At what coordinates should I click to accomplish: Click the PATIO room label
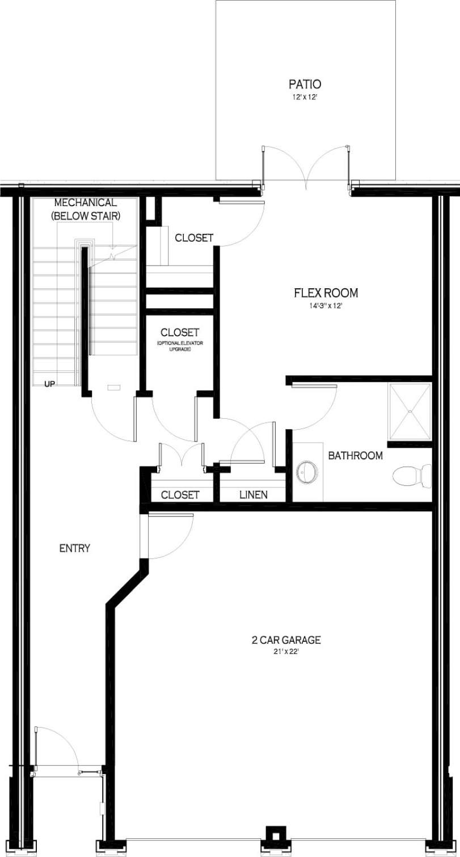point(305,85)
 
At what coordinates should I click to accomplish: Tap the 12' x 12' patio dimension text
point(305,98)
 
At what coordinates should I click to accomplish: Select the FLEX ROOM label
point(326,293)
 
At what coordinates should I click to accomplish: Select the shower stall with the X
point(410,411)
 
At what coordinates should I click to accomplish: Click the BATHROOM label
point(355,455)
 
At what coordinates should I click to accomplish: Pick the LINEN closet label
point(253,495)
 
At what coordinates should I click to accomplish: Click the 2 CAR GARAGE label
point(286,640)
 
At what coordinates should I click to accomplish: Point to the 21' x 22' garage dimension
point(286,652)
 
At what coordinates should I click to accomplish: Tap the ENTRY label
point(75,548)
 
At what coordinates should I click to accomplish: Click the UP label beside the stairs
point(50,384)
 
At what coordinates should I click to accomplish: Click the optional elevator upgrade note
point(179,346)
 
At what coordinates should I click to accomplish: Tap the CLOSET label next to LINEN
point(180,495)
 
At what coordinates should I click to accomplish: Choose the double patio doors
point(306,167)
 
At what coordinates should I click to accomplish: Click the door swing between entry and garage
point(170,536)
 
